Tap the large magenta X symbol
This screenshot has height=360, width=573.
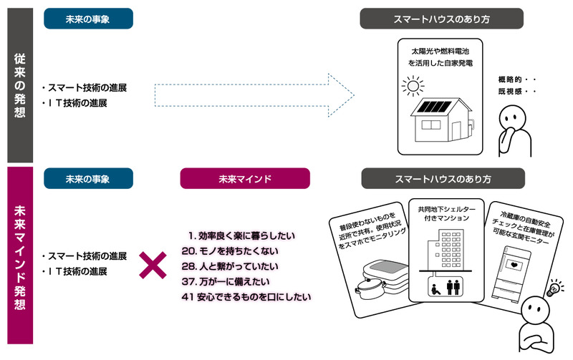point(152,265)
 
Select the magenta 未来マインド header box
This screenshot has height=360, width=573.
point(244,178)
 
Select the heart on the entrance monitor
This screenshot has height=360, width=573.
point(514,265)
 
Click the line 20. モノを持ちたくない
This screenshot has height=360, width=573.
point(229,250)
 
